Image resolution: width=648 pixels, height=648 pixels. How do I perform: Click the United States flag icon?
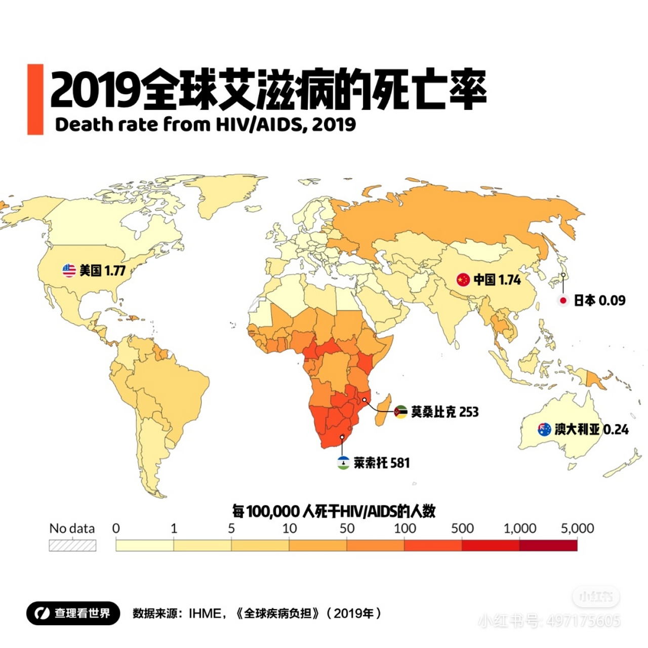[x=69, y=270]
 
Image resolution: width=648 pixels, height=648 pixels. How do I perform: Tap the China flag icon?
[x=463, y=279]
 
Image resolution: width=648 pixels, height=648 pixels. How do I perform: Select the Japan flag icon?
[x=562, y=300]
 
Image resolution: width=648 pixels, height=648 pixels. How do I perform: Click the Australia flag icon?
[x=544, y=430]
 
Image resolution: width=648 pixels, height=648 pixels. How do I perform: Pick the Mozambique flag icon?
[x=400, y=412]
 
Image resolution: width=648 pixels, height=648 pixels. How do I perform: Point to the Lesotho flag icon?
[x=343, y=462]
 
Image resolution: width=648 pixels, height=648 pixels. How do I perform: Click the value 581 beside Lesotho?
[x=400, y=463]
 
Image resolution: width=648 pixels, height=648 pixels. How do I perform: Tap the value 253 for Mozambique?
[x=469, y=412]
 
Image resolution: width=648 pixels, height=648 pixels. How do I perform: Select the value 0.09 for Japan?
[x=612, y=300]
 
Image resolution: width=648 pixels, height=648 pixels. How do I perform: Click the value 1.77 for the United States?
[x=115, y=270]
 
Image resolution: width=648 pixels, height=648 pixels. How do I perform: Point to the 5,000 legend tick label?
[x=577, y=529]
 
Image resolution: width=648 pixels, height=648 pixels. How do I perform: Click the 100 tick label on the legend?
[x=404, y=529]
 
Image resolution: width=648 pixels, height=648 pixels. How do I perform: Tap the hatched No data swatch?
[x=72, y=545]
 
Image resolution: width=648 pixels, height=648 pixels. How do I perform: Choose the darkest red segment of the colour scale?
[x=548, y=545]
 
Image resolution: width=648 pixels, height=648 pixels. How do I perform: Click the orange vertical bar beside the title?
[x=35, y=99]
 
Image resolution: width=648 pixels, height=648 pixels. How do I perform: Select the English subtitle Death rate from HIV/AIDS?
[x=205, y=125]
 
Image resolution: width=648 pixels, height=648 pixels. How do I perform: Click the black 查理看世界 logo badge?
[x=73, y=613]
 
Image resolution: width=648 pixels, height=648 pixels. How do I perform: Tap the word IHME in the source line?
[x=205, y=614]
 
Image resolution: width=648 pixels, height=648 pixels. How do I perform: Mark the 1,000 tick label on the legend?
[x=519, y=529]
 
